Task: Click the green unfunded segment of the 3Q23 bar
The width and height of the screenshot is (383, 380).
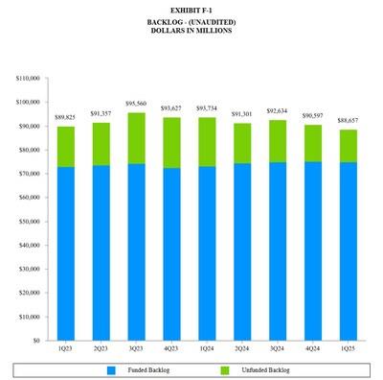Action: point(135,138)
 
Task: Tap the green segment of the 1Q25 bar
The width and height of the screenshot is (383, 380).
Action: point(348,146)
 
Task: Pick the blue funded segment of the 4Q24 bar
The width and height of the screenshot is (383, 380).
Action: point(313,250)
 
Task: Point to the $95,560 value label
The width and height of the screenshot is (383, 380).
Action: point(135,104)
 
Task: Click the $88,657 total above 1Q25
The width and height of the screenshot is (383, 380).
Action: point(348,121)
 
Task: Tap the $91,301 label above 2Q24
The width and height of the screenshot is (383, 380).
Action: point(242,114)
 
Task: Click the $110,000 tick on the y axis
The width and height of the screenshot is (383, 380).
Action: point(28,79)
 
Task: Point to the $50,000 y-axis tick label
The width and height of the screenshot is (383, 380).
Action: point(30,222)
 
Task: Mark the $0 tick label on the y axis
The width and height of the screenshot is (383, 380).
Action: point(37,341)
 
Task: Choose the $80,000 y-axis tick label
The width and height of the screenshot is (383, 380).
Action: point(30,150)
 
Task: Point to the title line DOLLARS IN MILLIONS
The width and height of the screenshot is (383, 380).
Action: point(191,31)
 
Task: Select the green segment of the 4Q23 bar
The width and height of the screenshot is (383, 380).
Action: point(171,142)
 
